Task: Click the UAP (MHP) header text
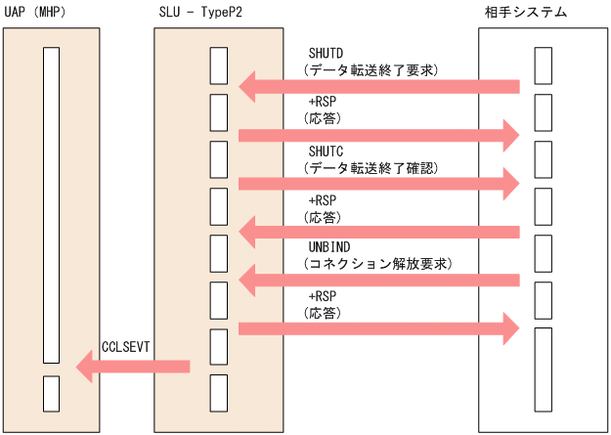point(42,12)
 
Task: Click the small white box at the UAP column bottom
point(51,393)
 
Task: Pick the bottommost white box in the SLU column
point(219,393)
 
